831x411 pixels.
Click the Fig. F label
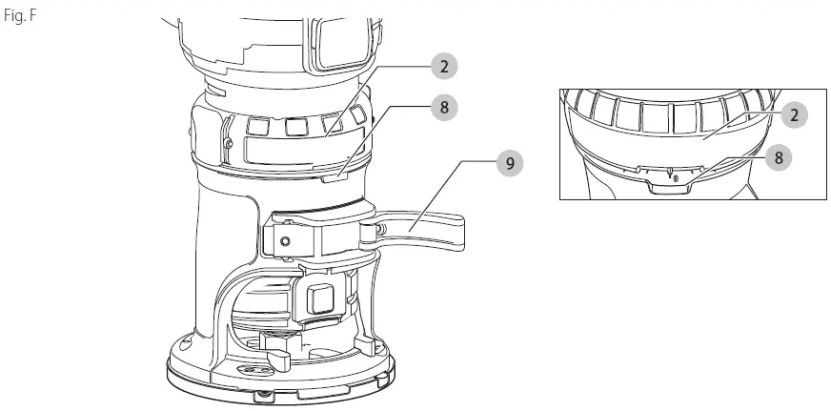coord(20,16)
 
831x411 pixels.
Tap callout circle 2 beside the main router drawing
coord(444,67)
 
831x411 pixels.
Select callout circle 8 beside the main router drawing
coord(444,108)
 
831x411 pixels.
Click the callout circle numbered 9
coord(510,163)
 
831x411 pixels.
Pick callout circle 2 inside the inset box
coord(794,115)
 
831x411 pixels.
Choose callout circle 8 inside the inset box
coord(779,157)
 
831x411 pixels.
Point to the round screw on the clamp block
coord(286,241)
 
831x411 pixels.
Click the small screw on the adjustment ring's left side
coord(228,143)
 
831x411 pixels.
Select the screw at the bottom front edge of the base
coord(260,395)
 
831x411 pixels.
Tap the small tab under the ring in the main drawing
coord(334,177)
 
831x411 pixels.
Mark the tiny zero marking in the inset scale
coord(676,179)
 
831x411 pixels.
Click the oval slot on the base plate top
coord(249,369)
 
